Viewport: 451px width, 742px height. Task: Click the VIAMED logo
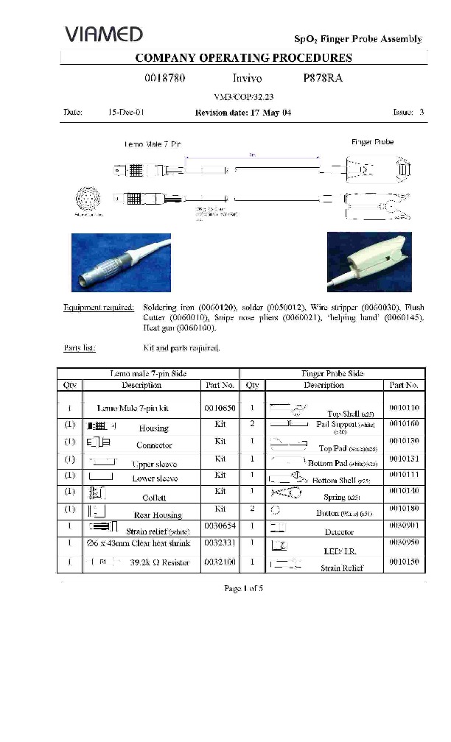coord(103,34)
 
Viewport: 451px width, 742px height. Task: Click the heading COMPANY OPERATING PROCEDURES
coord(243,58)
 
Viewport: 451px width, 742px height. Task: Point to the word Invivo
coord(247,77)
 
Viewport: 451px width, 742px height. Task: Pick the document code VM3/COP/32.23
coord(243,96)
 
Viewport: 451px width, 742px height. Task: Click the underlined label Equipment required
coord(99,307)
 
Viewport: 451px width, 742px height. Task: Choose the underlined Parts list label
coord(80,348)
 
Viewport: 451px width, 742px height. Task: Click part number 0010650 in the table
coord(220,407)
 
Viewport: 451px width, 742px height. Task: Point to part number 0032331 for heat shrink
coord(220,545)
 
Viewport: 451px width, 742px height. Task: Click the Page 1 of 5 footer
coord(243,588)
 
